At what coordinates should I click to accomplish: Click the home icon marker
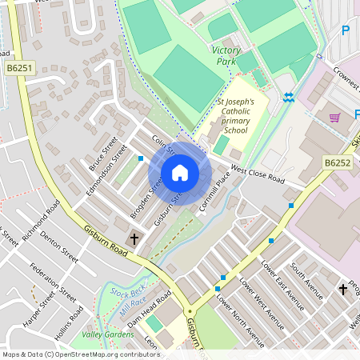point(180,172)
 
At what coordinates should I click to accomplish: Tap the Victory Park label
point(226,55)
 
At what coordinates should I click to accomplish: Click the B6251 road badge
point(20,70)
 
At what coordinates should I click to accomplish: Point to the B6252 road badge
point(337,162)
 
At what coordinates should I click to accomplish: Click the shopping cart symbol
point(334,117)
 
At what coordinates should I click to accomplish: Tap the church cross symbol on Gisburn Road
point(134,238)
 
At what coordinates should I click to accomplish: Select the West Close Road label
point(258,174)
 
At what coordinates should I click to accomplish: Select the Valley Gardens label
point(108,334)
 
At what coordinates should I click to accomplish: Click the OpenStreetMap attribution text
point(80,354)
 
